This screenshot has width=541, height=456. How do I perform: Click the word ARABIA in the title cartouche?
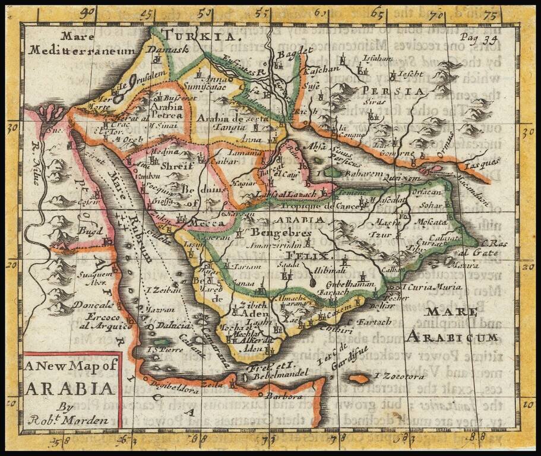(69, 389)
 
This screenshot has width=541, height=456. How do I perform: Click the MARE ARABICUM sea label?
(451, 325)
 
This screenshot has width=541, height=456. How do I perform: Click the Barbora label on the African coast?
(281, 394)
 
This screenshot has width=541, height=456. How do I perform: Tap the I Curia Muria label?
(429, 288)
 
